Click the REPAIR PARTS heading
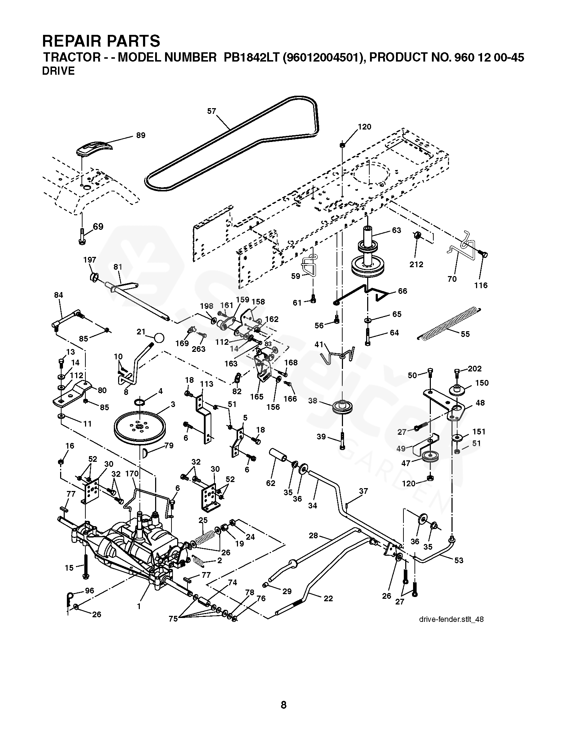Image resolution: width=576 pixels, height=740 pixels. pos(101,41)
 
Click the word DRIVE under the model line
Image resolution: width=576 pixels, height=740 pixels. pos(58,71)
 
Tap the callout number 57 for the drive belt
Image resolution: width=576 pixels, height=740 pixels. pos(212,111)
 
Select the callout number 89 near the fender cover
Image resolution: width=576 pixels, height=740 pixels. pos(141,136)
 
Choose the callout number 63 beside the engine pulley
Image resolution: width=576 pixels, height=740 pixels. pos(396,230)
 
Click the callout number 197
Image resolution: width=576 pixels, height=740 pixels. pos(90,260)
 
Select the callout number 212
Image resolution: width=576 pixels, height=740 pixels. pos(416,264)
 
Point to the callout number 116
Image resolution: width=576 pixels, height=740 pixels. pos(481,285)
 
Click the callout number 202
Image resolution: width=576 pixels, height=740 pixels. pos(474,369)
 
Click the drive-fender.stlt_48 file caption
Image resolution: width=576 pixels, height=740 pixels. pos(451,619)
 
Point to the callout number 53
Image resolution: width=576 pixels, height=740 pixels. pos(459,560)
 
